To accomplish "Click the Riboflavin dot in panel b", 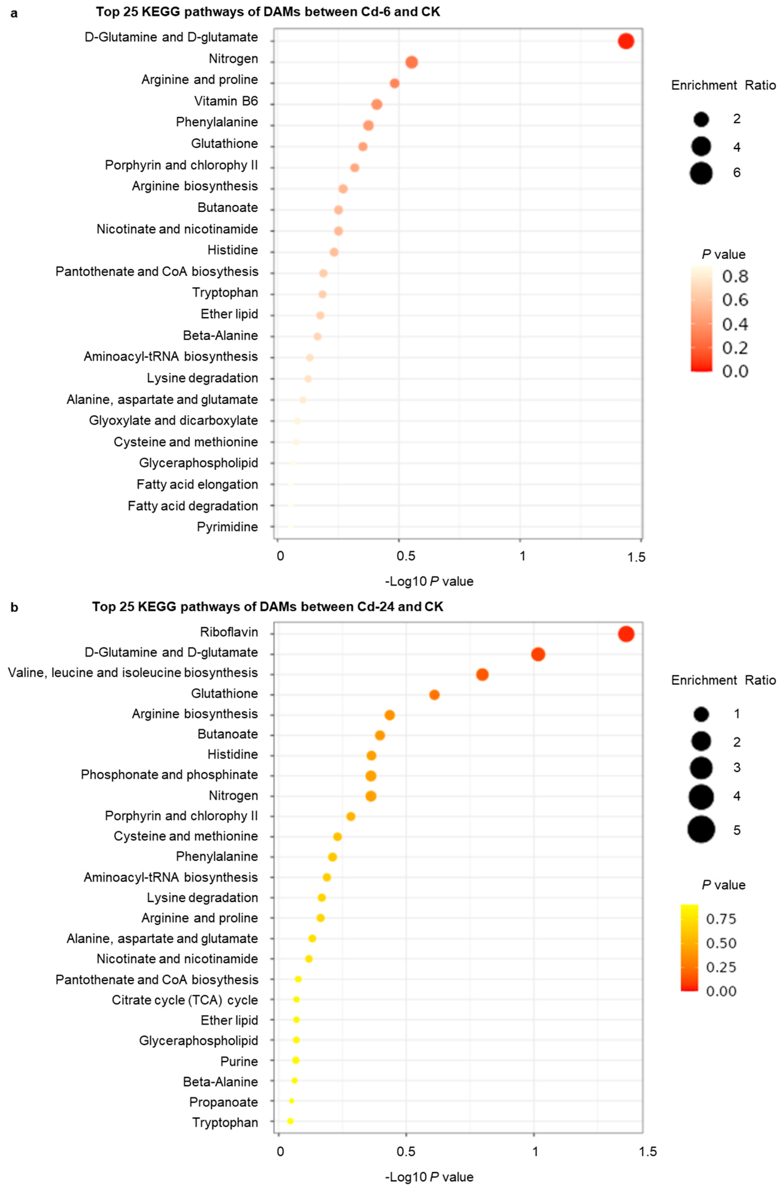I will pos(626,634).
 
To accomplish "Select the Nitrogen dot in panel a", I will pos(412,62).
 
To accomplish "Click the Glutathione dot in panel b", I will pos(434,695).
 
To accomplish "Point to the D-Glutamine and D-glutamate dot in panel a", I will pos(626,41).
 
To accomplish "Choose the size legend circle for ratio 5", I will pos(701,829).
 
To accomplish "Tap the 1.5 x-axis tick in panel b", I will pos(648,1152).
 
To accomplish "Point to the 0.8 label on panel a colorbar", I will pos(735,276).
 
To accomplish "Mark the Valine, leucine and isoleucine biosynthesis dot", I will pos(482,674).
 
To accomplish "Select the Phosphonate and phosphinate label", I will pos(169,775).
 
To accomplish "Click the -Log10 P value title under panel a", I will pos(429,581).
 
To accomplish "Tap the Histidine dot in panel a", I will pos(334,252).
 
